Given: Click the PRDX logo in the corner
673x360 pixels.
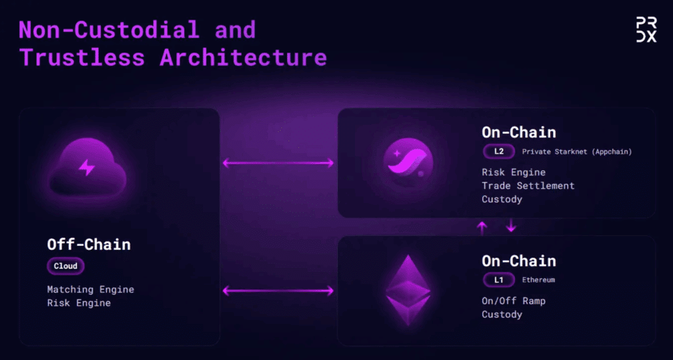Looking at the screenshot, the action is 646,30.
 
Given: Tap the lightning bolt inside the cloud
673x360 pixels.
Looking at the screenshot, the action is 87,168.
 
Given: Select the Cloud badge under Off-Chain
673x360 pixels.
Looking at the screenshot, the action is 66,266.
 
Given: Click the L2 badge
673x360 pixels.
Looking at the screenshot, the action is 499,152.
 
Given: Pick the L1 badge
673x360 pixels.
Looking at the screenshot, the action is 499,281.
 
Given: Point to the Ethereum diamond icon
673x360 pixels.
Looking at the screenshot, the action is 407,290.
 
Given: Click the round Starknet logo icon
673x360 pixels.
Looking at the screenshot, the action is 407,163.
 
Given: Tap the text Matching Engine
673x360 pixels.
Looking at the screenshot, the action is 91,290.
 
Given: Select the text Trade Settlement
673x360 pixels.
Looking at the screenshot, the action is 528,186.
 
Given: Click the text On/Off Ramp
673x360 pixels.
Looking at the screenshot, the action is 513,301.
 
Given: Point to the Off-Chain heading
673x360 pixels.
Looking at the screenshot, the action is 89,244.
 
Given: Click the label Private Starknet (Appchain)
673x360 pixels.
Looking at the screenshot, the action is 577,152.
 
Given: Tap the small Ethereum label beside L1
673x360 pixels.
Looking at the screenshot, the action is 538,280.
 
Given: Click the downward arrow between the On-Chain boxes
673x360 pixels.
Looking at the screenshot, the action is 510,225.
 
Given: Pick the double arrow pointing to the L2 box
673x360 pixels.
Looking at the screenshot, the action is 278,163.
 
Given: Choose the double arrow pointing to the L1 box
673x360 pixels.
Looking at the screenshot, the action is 278,291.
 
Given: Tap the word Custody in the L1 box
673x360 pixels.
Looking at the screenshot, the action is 501,315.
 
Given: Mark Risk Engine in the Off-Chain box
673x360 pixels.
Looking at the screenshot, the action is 79,303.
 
